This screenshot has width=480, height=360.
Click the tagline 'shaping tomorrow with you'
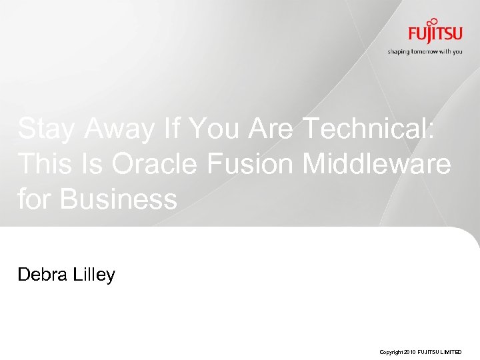pos(425,51)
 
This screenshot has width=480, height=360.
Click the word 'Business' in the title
pos(118,199)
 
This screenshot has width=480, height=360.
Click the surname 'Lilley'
pos(94,274)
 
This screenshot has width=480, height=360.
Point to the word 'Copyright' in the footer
pos(391,351)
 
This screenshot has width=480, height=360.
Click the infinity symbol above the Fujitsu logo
pos(434,21)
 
